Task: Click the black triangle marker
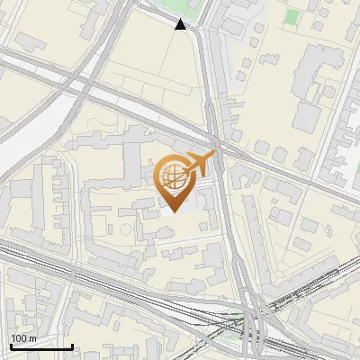(x=181, y=24)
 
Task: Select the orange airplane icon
(x=201, y=163)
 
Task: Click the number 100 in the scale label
(x=19, y=337)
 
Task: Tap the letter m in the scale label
(x=32, y=337)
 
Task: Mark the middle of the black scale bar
(x=40, y=346)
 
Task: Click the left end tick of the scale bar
(x=10, y=346)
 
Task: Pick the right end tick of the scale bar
(x=72, y=346)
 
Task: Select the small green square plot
(x=292, y=16)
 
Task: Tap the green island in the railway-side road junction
(x=236, y=316)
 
